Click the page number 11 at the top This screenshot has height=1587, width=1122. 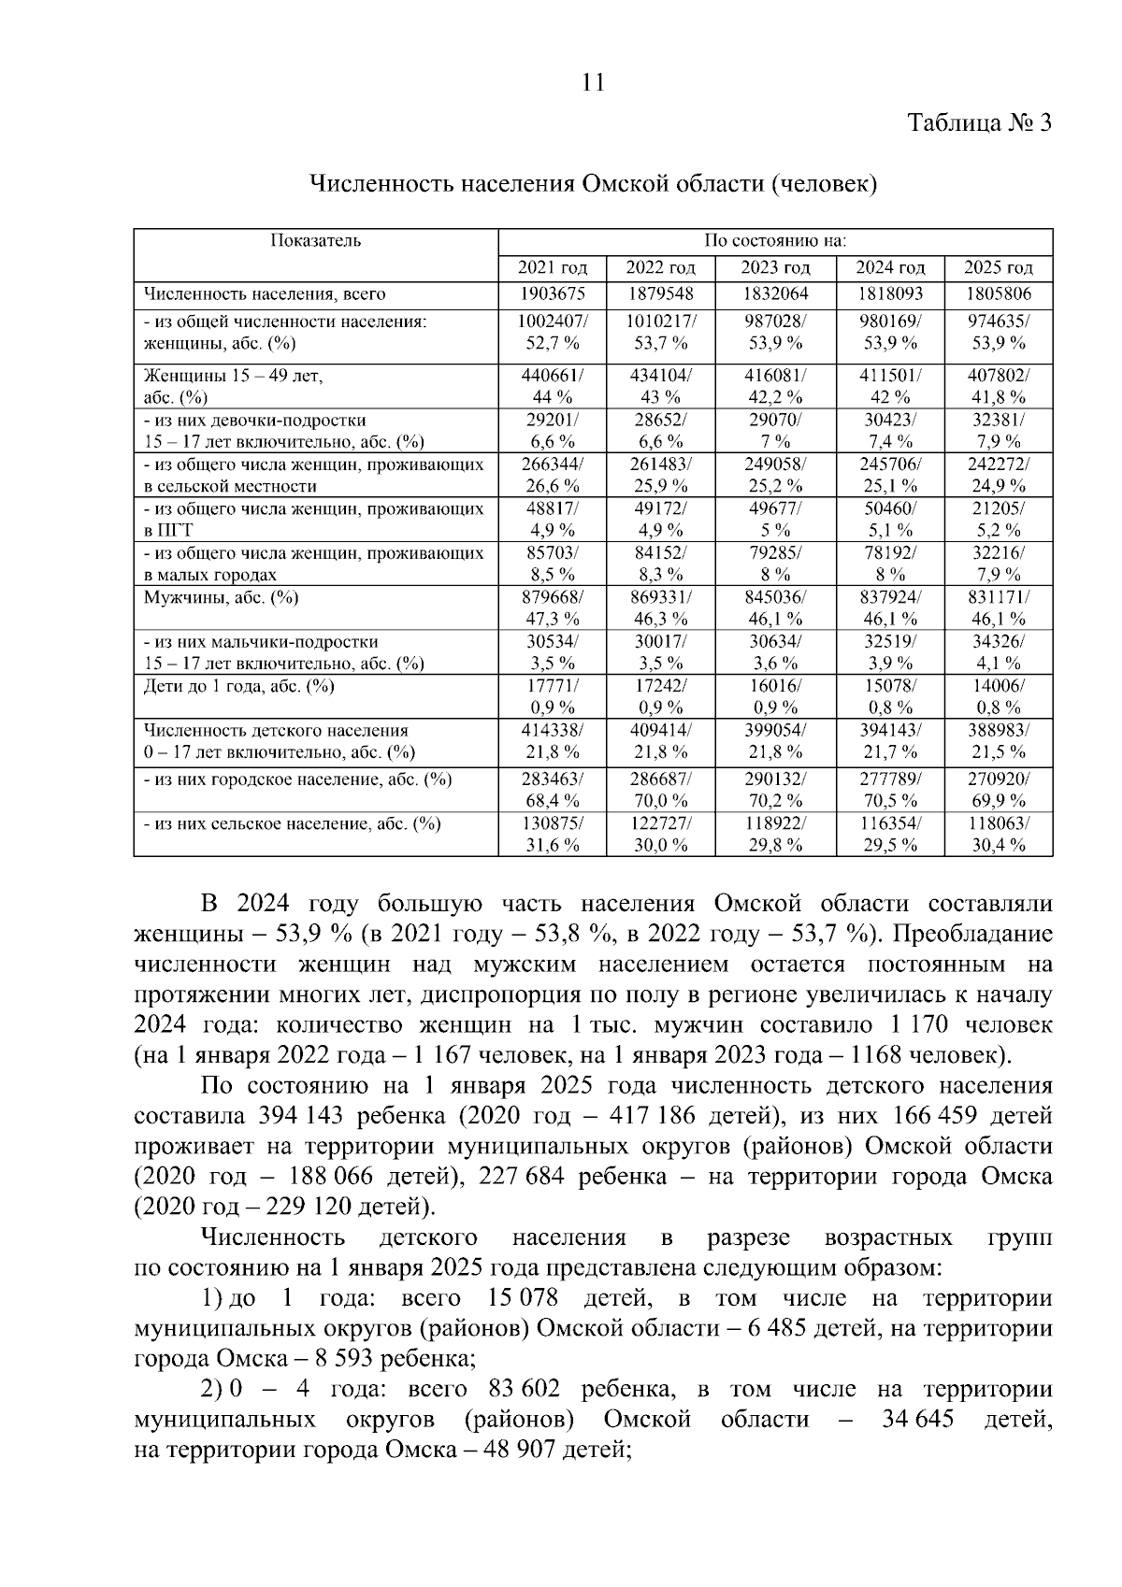click(x=593, y=82)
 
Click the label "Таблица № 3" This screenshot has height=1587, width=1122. click(x=980, y=123)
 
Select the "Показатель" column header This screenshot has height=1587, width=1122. click(x=315, y=241)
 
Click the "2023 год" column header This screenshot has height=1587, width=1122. click(x=775, y=268)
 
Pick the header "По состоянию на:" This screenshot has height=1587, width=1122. click(x=775, y=241)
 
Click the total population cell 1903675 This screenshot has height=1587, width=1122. click(x=552, y=294)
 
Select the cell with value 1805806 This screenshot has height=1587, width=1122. click(x=998, y=294)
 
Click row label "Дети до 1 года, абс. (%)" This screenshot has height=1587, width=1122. click(x=238, y=686)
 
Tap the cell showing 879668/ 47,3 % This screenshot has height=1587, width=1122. click(x=552, y=608)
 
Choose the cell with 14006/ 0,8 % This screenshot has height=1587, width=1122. click(x=998, y=696)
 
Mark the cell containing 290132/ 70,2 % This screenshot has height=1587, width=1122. click(x=775, y=789)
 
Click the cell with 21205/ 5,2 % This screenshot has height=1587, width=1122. click(x=998, y=519)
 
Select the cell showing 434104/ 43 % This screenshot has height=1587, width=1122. click(x=660, y=385)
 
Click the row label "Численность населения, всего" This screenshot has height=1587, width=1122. click(x=264, y=294)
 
